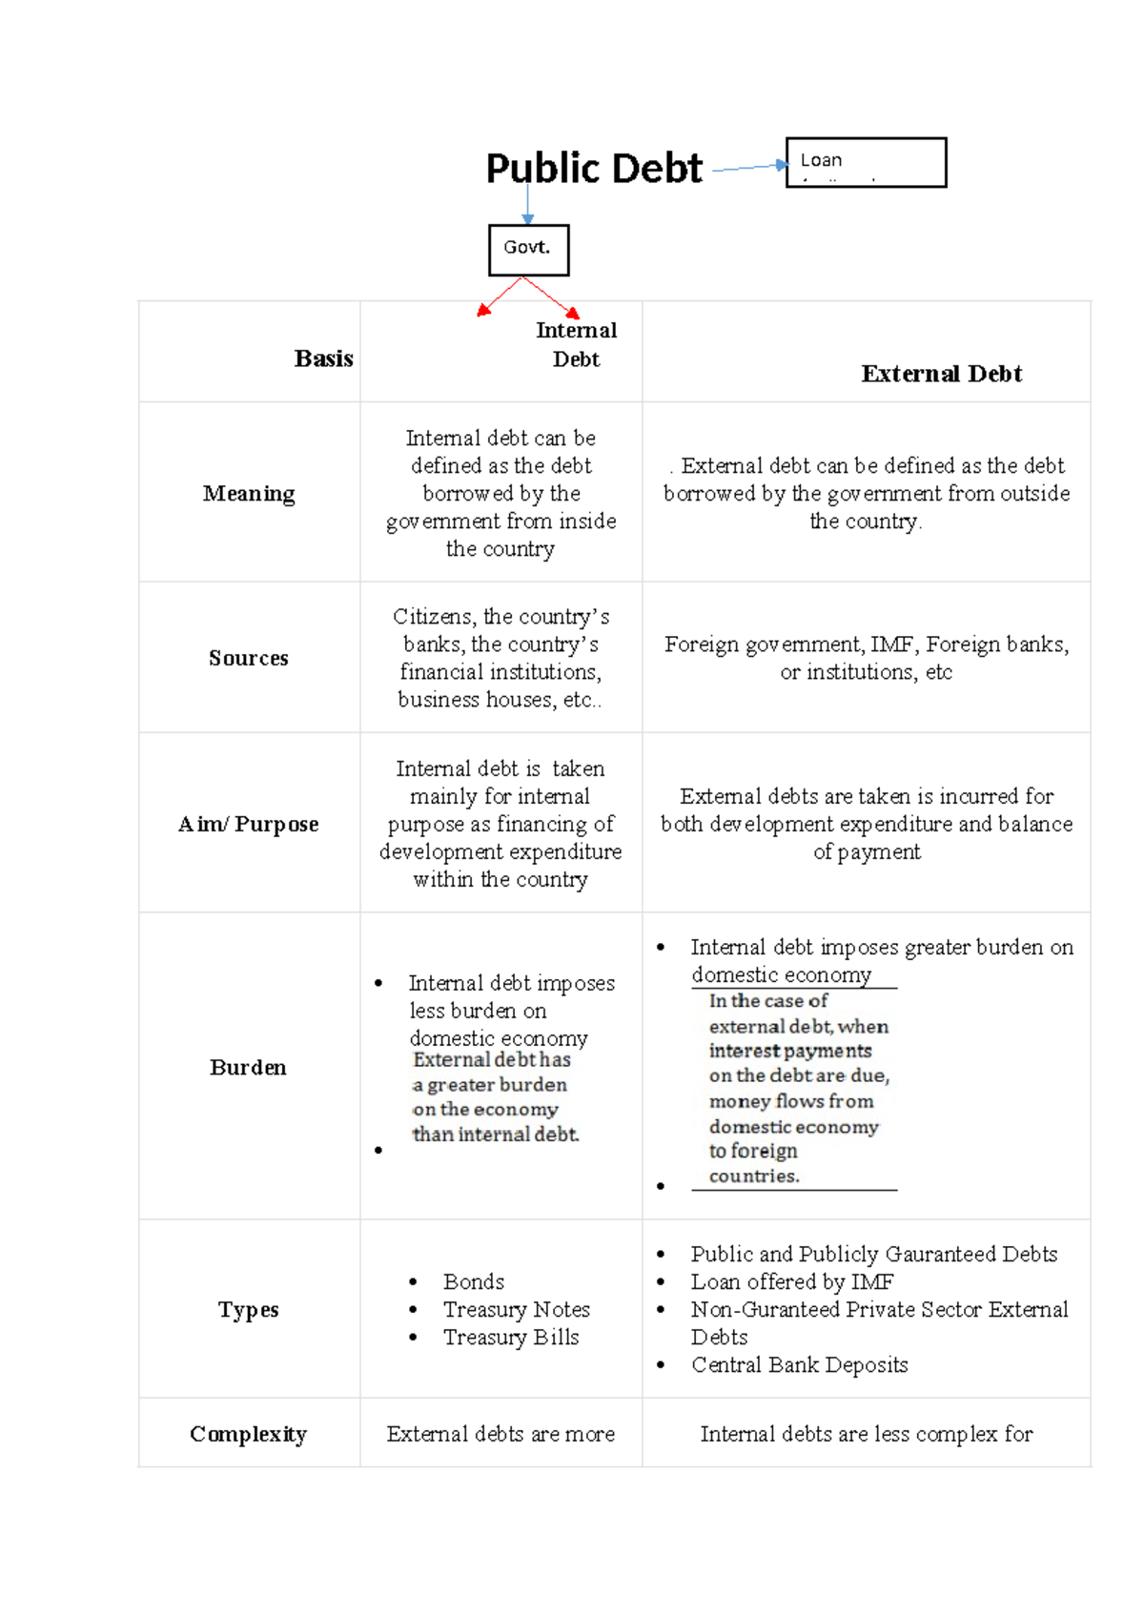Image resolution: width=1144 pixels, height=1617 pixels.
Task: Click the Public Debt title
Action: pyautogui.click(x=593, y=169)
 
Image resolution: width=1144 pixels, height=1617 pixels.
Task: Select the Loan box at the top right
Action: pyautogui.click(x=866, y=162)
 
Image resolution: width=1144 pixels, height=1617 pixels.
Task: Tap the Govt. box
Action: pyautogui.click(x=528, y=250)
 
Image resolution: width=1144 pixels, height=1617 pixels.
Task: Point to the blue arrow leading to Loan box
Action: pyautogui.click(x=748, y=168)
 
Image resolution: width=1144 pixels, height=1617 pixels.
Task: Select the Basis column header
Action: pyautogui.click(x=323, y=358)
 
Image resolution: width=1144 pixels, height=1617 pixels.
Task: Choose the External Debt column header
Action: pyautogui.click(x=941, y=374)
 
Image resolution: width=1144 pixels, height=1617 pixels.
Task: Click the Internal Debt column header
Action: pyautogui.click(x=576, y=344)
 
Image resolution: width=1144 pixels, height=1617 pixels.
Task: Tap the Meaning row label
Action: pyautogui.click(x=249, y=494)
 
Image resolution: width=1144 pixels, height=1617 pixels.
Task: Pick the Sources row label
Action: pyautogui.click(x=248, y=658)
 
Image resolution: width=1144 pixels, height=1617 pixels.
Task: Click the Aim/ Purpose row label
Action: pyautogui.click(x=248, y=824)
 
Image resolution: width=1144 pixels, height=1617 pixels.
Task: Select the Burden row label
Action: pyautogui.click(x=248, y=1067)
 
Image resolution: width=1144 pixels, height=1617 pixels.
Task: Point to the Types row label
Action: pyautogui.click(x=248, y=1310)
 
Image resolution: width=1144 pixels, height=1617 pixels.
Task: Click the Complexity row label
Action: pyautogui.click(x=248, y=1434)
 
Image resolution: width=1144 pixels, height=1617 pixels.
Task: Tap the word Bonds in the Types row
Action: pyautogui.click(x=474, y=1281)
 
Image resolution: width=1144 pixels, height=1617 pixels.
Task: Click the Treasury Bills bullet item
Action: pyautogui.click(x=511, y=1337)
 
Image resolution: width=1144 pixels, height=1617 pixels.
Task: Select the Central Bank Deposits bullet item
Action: pyautogui.click(x=799, y=1364)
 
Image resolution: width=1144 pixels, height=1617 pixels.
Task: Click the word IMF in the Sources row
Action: pyautogui.click(x=892, y=645)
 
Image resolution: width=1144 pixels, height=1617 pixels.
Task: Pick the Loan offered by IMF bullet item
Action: pyautogui.click(x=791, y=1281)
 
